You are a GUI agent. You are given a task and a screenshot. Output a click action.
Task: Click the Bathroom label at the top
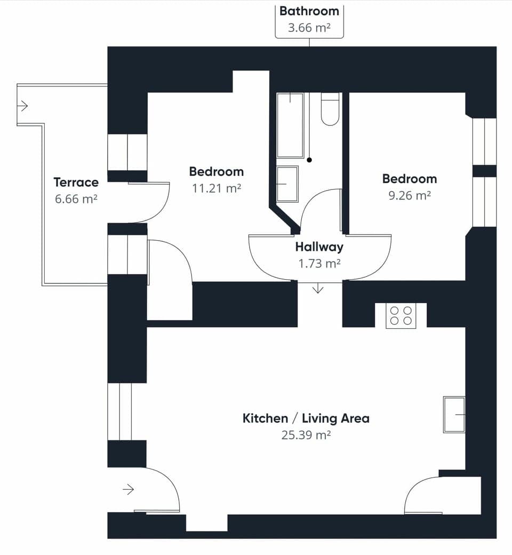[x=309, y=11]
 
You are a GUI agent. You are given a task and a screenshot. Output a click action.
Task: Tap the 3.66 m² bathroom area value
[x=309, y=28]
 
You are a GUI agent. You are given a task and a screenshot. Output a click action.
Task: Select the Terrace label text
[x=76, y=182]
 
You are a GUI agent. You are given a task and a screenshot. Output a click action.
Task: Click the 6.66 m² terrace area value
[x=76, y=199]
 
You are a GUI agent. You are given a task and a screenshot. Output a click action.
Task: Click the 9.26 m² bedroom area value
[x=409, y=195]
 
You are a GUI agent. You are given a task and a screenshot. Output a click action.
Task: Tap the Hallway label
[x=319, y=247]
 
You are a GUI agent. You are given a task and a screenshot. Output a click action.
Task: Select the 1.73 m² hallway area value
[x=319, y=263]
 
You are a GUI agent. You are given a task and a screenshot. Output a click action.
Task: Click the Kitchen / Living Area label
[x=306, y=418]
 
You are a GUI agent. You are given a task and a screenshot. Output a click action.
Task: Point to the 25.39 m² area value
[x=306, y=435]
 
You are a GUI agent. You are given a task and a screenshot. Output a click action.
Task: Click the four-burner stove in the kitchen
[x=401, y=315]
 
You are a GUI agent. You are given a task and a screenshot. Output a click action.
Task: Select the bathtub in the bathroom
[x=290, y=125]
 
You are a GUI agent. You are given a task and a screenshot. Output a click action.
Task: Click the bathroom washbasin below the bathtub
[x=287, y=184]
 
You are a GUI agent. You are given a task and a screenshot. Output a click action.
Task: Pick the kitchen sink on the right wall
[x=454, y=414]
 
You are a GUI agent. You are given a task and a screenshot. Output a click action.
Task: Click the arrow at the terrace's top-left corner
[x=22, y=106]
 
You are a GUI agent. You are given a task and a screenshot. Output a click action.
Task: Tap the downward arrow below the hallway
[x=318, y=289]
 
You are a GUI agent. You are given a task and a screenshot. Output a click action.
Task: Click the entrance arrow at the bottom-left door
[x=128, y=489]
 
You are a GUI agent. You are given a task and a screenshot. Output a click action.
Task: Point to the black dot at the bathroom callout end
[x=309, y=160]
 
